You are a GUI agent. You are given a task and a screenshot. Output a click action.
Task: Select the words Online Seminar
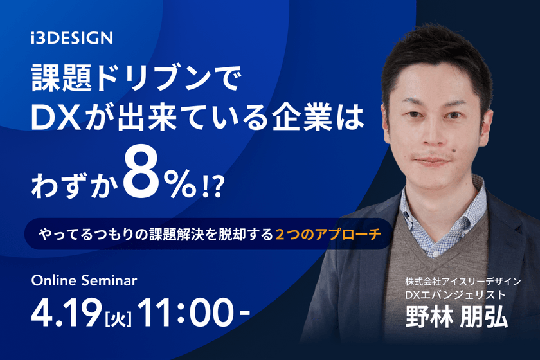[x=84, y=280]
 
